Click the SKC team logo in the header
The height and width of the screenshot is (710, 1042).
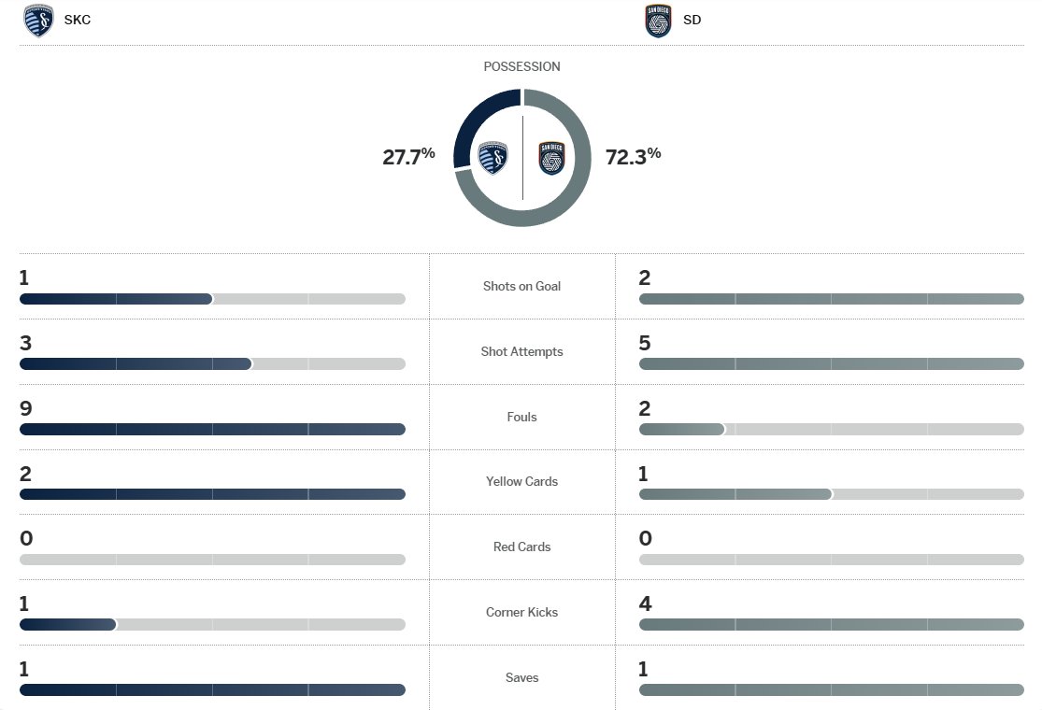(x=38, y=21)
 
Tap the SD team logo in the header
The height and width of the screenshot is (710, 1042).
(x=658, y=21)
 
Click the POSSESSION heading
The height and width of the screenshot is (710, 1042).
(x=521, y=67)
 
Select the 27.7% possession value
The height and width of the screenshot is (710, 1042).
(x=408, y=156)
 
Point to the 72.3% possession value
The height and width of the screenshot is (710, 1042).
(x=633, y=156)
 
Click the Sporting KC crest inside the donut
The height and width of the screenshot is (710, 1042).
(x=492, y=158)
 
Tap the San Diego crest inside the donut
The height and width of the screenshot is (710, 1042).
(x=552, y=158)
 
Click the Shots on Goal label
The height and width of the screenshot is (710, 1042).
(x=521, y=286)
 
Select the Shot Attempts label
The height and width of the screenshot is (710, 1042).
(x=521, y=351)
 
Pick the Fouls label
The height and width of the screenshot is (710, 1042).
(x=521, y=417)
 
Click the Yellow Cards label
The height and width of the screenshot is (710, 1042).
(x=521, y=481)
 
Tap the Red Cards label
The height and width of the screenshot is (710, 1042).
(x=521, y=547)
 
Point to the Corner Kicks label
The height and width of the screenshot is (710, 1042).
(x=521, y=612)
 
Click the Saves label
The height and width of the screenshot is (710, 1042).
(x=521, y=677)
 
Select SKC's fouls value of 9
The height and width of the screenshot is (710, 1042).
(x=25, y=408)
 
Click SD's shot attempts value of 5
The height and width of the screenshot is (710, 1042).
(x=645, y=343)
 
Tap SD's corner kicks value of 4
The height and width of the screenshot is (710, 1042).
(x=645, y=603)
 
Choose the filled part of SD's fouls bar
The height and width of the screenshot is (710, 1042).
(x=681, y=430)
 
